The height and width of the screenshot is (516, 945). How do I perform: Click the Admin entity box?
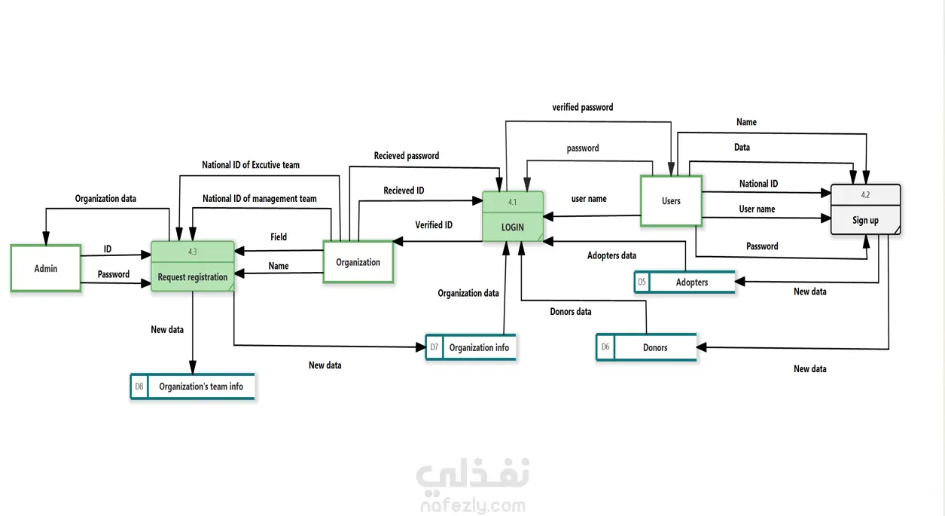(x=46, y=268)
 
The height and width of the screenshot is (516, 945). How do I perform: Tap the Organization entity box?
(x=358, y=262)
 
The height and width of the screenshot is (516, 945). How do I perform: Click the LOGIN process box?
(x=512, y=217)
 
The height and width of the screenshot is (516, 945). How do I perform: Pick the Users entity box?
(x=671, y=201)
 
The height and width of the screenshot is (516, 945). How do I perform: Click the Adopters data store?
(x=691, y=282)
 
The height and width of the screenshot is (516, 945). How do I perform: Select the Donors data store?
(x=654, y=347)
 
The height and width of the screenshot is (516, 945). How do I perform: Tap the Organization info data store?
(x=479, y=347)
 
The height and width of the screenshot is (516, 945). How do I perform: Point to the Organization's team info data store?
(x=200, y=386)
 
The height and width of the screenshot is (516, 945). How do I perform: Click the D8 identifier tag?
(x=139, y=386)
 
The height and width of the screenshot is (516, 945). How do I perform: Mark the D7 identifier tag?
(x=434, y=347)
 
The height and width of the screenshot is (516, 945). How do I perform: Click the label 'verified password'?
(x=582, y=108)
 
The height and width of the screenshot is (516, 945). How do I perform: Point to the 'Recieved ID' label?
(x=404, y=191)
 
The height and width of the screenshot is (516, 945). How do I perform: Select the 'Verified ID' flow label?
(x=434, y=225)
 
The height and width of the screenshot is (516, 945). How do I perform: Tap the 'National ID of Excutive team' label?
(x=251, y=164)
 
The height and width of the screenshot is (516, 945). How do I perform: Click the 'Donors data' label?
(x=571, y=312)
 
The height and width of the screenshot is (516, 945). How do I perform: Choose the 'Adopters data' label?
(x=611, y=256)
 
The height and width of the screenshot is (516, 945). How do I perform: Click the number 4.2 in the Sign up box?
(x=865, y=194)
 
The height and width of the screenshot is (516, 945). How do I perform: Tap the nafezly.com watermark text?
(x=472, y=506)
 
